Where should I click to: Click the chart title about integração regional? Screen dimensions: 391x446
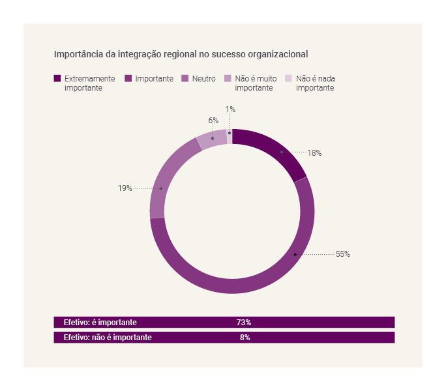[x=181, y=54]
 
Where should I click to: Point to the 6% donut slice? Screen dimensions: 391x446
[x=212, y=138]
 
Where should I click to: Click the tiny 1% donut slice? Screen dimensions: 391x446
[x=230, y=135]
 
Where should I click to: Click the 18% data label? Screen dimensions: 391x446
[x=314, y=153]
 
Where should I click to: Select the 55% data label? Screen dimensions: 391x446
[x=342, y=254]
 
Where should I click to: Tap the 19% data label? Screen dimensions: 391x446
[x=125, y=188]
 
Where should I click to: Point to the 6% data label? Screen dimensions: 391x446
[x=213, y=121]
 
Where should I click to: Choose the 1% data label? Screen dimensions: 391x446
[x=230, y=109]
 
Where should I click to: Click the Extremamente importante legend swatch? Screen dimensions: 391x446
[x=57, y=79]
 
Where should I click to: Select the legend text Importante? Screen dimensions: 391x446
[x=154, y=79]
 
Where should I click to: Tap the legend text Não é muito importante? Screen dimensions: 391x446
[x=256, y=83]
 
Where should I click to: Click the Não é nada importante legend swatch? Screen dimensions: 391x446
[x=289, y=79]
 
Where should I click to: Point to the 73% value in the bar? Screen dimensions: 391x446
[x=244, y=323]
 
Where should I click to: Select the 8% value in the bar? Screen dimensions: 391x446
[x=245, y=338]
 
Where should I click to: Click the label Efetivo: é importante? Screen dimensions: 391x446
[x=100, y=323]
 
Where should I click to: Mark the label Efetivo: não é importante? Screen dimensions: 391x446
[x=108, y=338]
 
